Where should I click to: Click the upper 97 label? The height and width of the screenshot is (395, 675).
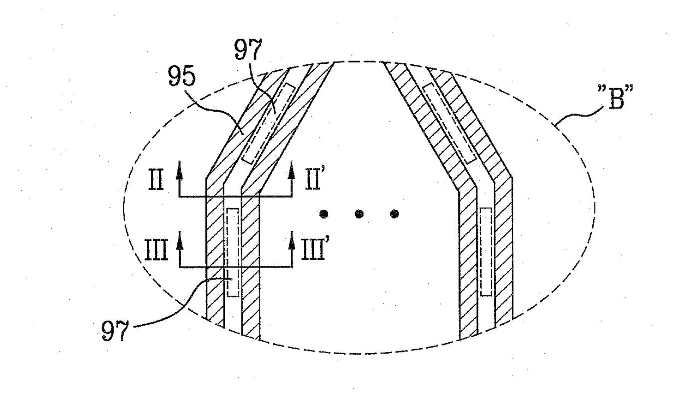[248, 49]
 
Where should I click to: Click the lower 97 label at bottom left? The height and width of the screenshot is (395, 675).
[115, 331]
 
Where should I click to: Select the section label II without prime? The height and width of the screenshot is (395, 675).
[156, 180]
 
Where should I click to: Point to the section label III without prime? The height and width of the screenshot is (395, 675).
[156, 250]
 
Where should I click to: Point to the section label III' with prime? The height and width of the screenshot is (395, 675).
[314, 250]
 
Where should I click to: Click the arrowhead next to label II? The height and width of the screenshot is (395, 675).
[180, 171]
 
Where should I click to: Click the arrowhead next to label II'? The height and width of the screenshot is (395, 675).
[291, 171]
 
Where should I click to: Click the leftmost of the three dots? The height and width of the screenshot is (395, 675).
[324, 214]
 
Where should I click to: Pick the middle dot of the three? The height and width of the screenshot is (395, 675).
[359, 214]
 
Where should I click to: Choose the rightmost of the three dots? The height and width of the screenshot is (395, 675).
[394, 214]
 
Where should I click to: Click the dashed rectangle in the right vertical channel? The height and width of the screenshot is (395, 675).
[481, 252]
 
